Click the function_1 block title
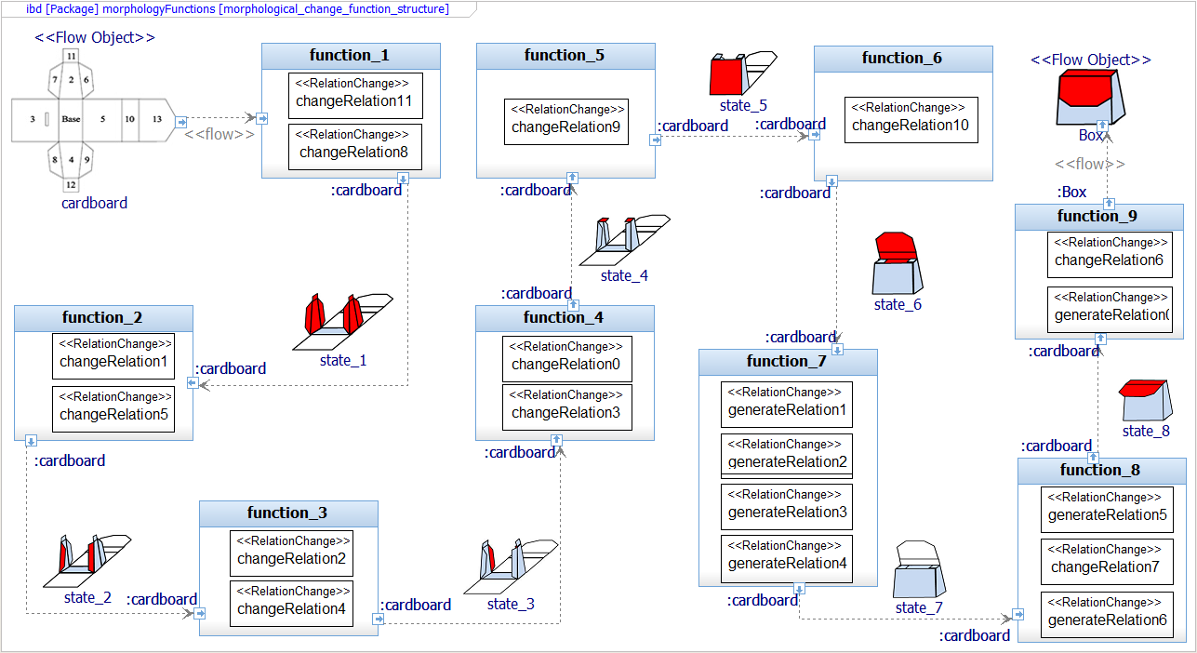350,55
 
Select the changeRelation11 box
355,96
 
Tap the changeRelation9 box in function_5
565,122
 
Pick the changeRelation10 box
911,120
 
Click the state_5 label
743,105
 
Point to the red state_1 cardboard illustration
342,322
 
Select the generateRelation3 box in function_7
787,507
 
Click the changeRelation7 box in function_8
1107,562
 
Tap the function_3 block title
287,513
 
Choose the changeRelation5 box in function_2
113,409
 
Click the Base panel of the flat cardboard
71,119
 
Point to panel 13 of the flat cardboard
157,119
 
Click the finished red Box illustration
1090,99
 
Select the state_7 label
919,607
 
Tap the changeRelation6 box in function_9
1110,255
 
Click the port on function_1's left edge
262,118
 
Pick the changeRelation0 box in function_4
567,359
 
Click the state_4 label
624,275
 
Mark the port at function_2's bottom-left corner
31,441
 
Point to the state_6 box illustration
898,263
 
